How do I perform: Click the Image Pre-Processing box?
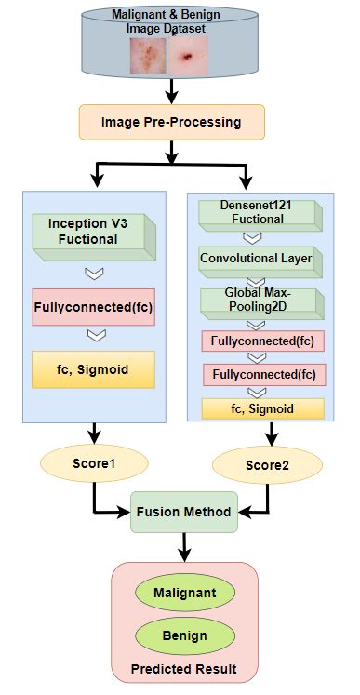171,121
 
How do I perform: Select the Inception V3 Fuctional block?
91,232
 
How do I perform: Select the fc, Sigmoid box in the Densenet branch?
262,408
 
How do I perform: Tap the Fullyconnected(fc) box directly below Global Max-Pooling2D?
263,341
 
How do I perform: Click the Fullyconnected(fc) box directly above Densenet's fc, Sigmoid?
263,375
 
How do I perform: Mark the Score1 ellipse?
92,462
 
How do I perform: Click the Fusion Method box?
184,512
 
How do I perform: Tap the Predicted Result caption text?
183,670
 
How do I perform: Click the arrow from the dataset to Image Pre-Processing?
171,89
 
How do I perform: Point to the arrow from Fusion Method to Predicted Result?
184,547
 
